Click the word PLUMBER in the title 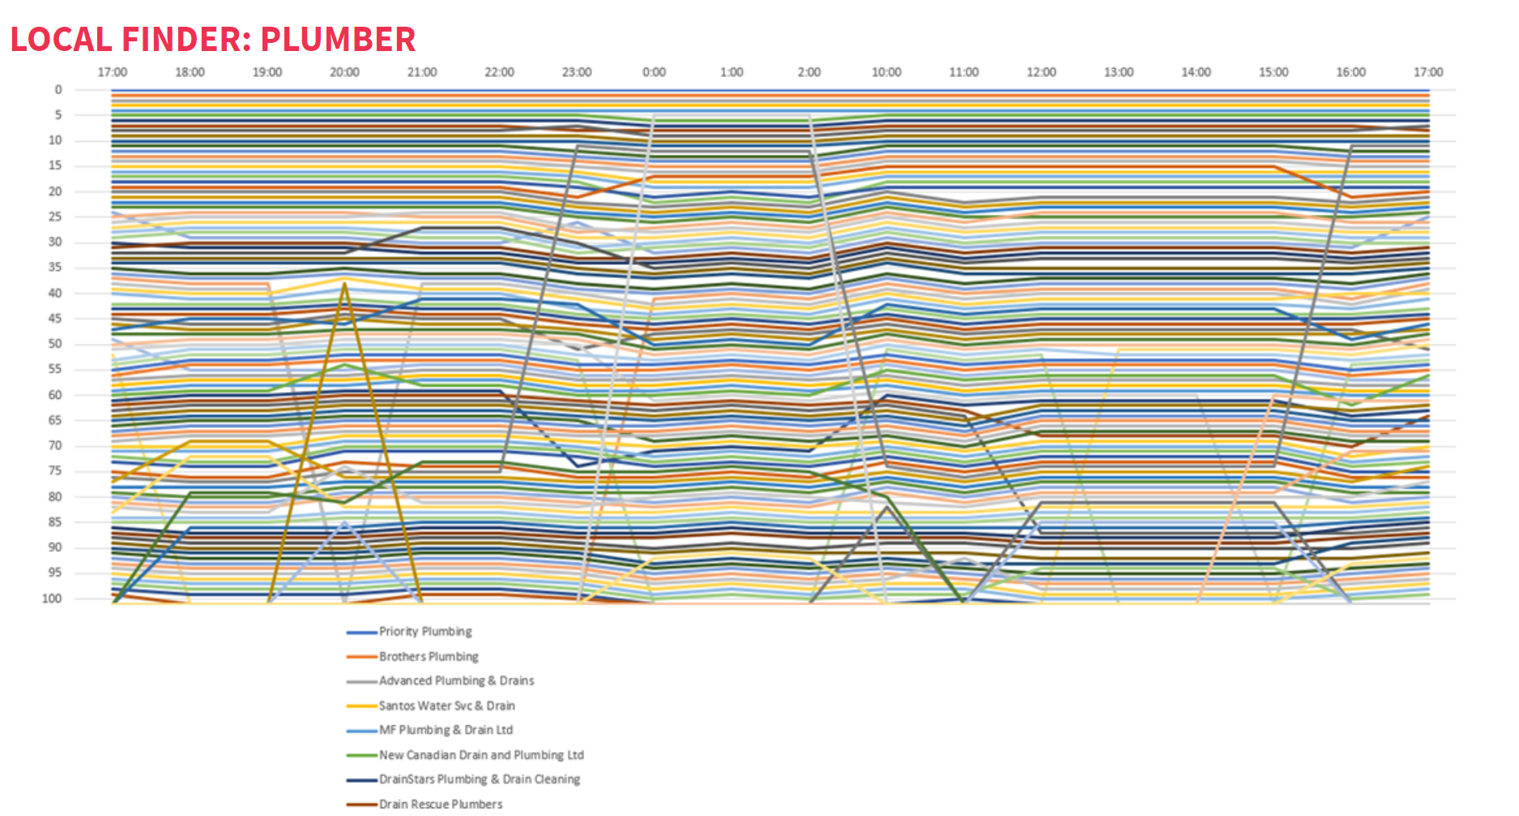click(338, 39)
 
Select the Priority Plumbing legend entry click(425, 631)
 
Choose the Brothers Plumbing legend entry click(428, 656)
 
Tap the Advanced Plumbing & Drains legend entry click(456, 681)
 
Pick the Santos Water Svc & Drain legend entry click(446, 706)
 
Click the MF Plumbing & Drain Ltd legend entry click(446, 730)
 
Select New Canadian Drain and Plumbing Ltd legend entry click(481, 755)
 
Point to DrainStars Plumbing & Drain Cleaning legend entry click(480, 780)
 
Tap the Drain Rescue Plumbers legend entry click(441, 804)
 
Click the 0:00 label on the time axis click(654, 72)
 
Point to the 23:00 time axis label click(577, 72)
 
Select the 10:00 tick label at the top click(886, 72)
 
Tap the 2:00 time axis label click(809, 72)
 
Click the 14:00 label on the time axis click(1196, 72)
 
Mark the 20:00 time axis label click(344, 72)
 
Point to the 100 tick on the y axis click(52, 599)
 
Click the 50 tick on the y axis click(55, 344)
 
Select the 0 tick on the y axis click(58, 90)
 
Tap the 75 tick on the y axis click(55, 472)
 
